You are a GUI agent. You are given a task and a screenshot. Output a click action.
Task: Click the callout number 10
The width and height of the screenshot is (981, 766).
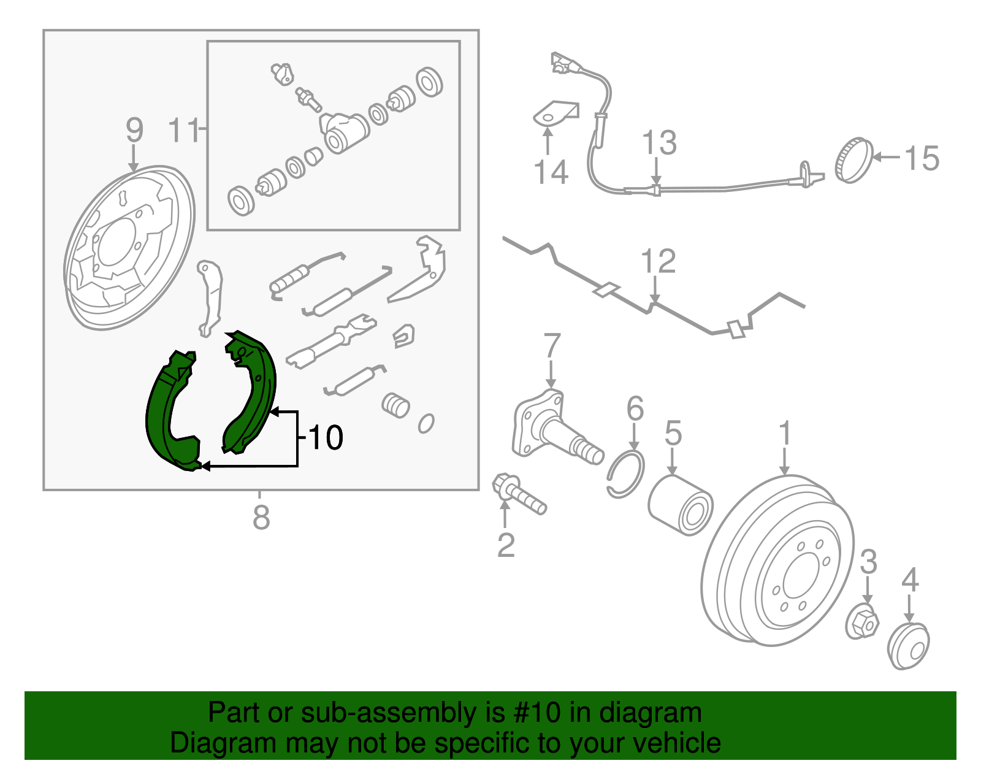coord(326,438)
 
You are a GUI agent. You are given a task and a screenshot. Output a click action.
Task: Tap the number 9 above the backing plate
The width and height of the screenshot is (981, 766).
coord(134,131)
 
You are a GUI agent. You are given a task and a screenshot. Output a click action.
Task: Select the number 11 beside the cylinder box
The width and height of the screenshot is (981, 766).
coord(184,131)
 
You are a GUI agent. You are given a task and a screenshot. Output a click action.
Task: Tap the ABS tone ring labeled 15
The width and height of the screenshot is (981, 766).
coord(853,161)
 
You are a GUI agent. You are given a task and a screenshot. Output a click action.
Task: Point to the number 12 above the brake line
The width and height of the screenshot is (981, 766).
coord(658,262)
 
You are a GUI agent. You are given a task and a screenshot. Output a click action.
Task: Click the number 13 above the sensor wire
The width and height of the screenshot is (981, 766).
coord(659,144)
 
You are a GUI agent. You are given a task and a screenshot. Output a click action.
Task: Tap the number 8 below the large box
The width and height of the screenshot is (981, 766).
coord(261,518)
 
